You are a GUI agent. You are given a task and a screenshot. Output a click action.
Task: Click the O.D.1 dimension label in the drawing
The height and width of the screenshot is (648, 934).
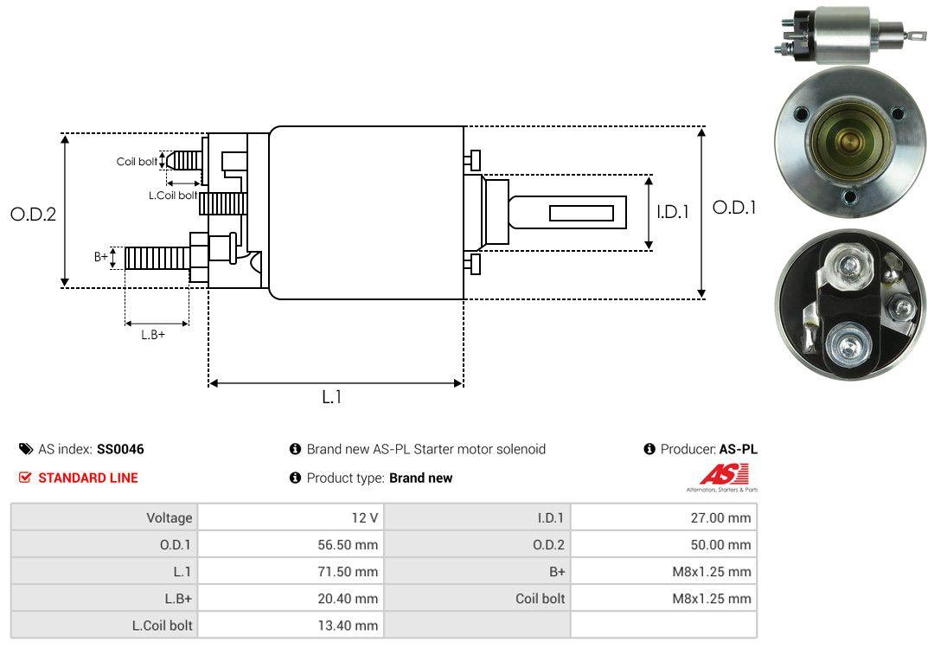733,208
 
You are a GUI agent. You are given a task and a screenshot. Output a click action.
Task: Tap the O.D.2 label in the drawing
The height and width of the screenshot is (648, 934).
33,214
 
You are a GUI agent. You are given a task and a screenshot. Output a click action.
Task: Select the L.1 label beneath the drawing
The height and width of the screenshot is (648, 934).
332,397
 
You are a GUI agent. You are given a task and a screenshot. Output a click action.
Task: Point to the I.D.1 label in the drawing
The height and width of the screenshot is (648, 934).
672,211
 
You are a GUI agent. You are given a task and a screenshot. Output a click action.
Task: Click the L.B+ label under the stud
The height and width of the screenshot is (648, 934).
153,335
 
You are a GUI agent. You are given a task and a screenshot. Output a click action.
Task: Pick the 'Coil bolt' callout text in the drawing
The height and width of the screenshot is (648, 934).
137,162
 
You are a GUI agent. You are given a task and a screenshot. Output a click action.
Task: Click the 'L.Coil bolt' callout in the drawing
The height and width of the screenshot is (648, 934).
173,196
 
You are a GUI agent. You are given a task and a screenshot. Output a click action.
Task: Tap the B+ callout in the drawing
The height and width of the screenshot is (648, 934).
101,257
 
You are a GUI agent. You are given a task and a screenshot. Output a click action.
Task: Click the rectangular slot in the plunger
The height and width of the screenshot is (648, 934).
581,213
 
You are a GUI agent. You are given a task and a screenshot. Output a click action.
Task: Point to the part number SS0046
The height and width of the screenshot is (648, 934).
120,449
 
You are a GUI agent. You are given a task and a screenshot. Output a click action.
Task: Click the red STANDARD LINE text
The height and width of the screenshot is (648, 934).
87,478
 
